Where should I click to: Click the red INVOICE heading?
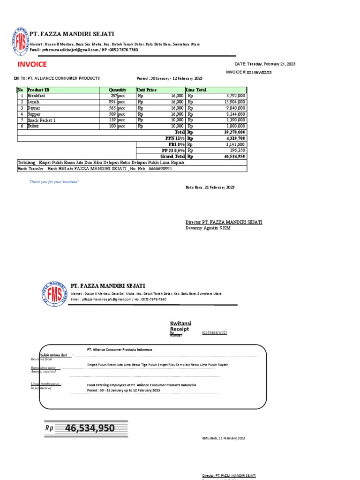pos(32,65)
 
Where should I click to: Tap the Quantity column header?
pos(117,90)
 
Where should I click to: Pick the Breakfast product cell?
pos(37,96)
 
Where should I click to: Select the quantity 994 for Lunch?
pos(112,102)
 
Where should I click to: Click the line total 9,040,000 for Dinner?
pos(235,108)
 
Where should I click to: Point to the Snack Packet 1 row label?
pos(42,120)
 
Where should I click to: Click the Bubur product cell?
pos(34,127)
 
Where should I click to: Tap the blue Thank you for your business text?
pos(54,181)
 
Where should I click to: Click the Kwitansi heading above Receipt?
pos(180,323)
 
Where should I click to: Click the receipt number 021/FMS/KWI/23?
pos(214,332)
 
